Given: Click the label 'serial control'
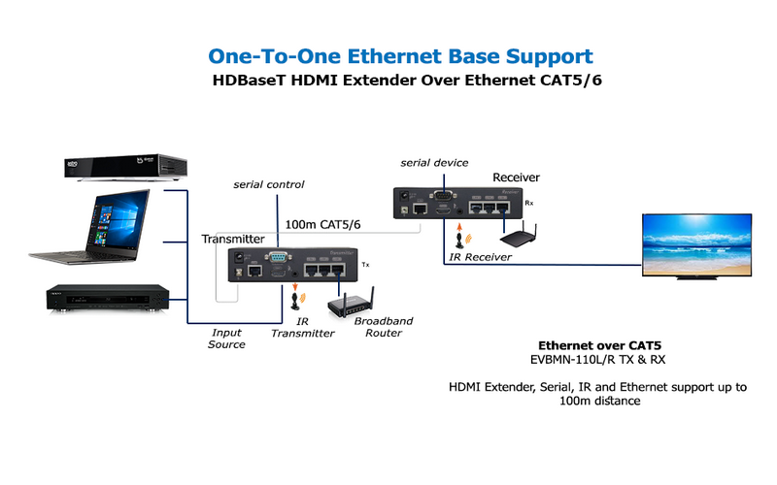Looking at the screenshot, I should click(269, 183).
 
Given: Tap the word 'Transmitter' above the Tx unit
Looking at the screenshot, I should click(233, 239).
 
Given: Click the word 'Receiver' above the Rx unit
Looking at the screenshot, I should click(517, 178).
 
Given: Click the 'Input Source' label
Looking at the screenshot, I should click(226, 339).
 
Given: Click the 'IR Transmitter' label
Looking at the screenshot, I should click(302, 327).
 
